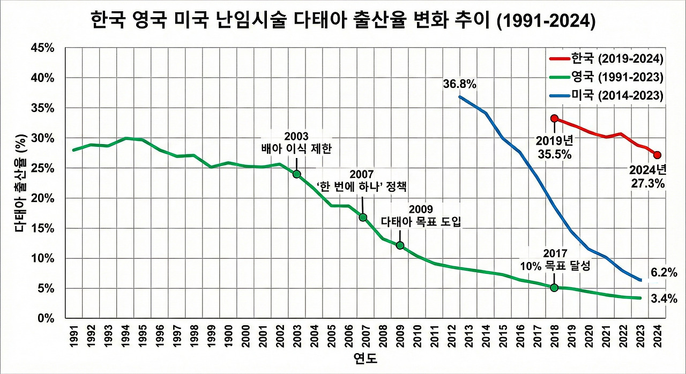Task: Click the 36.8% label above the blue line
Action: (x=460, y=84)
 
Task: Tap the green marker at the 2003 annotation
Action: (x=296, y=174)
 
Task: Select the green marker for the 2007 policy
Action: (x=363, y=217)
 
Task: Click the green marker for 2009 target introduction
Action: (x=400, y=245)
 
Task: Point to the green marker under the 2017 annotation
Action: (x=554, y=288)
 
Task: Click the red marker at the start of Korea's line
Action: (x=554, y=118)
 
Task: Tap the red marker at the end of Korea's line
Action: (x=658, y=155)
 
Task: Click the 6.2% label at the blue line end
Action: (x=664, y=273)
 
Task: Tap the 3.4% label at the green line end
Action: (x=664, y=298)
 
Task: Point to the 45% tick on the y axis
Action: (x=43, y=48)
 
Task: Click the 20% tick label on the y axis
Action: (x=43, y=198)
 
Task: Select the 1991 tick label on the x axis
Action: (x=73, y=335)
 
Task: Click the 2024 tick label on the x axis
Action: (x=657, y=335)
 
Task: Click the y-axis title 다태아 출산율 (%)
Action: (x=20, y=185)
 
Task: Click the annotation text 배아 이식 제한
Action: (x=296, y=148)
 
